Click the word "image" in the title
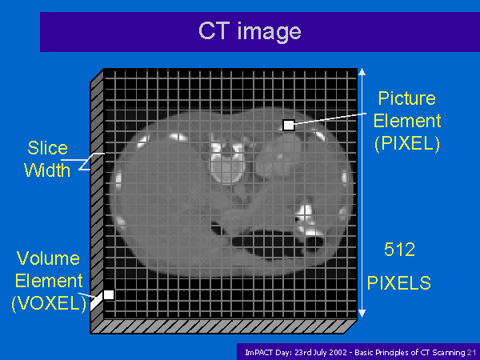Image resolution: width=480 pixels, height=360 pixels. pyautogui.click(x=270, y=32)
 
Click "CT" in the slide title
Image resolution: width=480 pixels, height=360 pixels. pyautogui.click(x=214, y=30)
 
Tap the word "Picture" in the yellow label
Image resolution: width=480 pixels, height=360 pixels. pyautogui.click(x=407, y=98)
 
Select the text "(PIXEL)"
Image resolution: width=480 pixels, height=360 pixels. pyautogui.click(x=407, y=143)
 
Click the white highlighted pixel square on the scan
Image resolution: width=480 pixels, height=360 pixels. pyautogui.click(x=288, y=125)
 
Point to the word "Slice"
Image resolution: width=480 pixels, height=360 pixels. pyautogui.click(x=47, y=148)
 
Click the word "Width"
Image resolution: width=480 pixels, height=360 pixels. pyautogui.click(x=47, y=170)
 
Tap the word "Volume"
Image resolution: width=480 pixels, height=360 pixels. pyautogui.click(x=48, y=258)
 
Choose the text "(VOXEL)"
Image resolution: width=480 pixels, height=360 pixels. pyautogui.click(x=49, y=304)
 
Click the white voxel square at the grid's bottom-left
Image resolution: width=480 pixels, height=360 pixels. pyautogui.click(x=109, y=294)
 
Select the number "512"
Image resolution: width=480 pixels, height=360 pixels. pyautogui.click(x=399, y=250)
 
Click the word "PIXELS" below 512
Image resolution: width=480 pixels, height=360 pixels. pyautogui.click(x=399, y=283)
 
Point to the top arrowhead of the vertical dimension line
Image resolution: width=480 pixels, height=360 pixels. pyautogui.click(x=362, y=72)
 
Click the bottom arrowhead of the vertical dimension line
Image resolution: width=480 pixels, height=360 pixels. pyautogui.click(x=362, y=314)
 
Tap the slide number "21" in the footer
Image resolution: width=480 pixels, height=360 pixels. pyautogui.click(x=471, y=353)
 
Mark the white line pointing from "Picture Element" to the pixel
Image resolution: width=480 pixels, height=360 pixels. pyautogui.click(x=330, y=119)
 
